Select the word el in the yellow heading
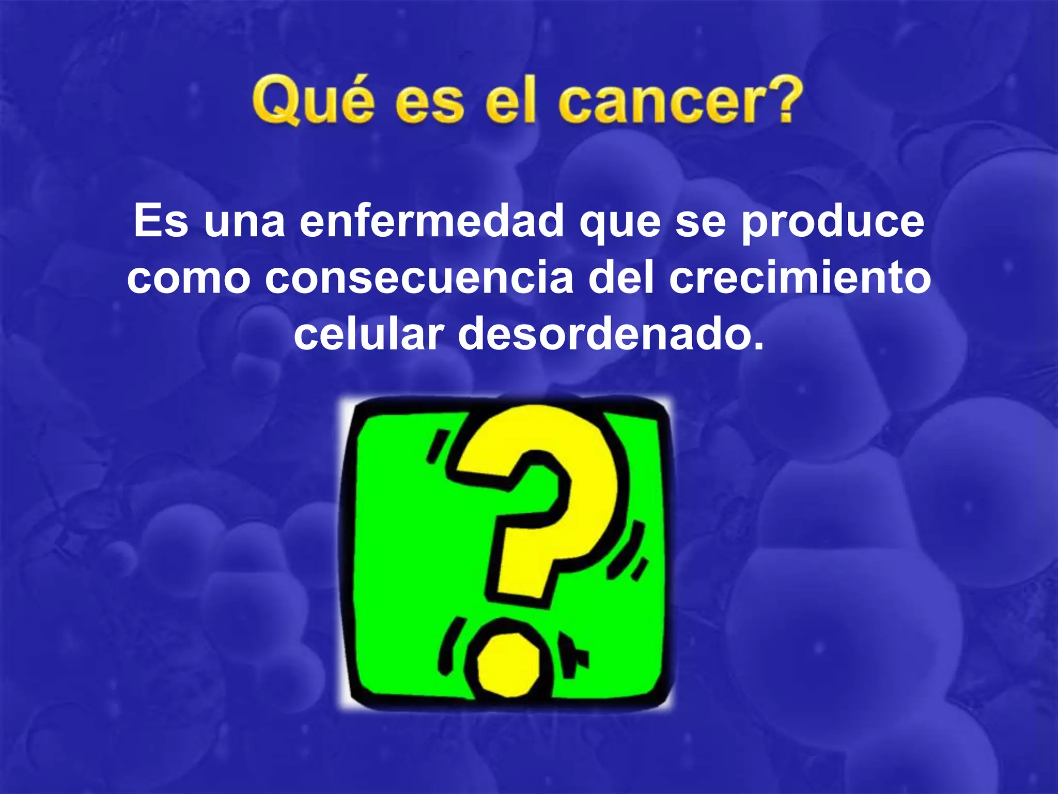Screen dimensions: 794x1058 pyautogui.click(x=511, y=101)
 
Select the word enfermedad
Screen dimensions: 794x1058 pyautogui.click(x=431, y=221)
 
